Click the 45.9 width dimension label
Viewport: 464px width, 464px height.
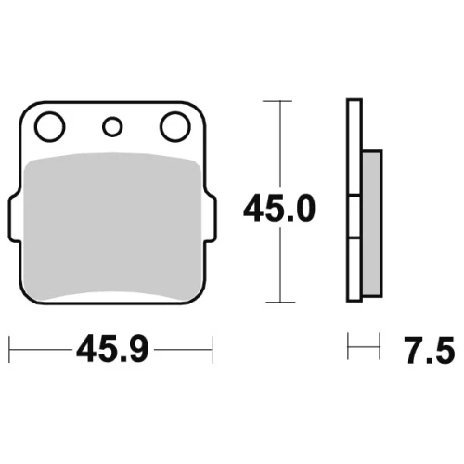112,350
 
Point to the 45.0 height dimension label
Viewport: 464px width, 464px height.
279,209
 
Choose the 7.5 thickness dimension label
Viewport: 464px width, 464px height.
430,351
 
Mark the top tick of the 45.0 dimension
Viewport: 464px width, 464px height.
277,101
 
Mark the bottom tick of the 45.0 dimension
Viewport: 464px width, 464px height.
280,302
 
